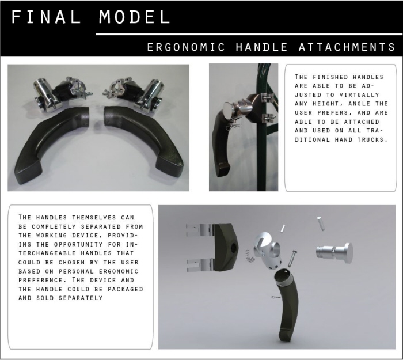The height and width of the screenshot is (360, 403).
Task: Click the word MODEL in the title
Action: pos(134,17)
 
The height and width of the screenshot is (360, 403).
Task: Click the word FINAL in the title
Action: pos(46,17)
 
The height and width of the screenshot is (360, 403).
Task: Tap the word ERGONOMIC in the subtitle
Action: pos(186,47)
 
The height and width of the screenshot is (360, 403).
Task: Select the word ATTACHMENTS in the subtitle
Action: pos(347,47)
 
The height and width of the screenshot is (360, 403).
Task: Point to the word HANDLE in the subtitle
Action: pos(261,47)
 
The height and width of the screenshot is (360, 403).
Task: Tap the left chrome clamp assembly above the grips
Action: pos(62,93)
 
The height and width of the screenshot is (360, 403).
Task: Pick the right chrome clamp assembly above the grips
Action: pos(134,93)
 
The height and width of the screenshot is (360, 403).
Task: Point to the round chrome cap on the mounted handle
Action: pos(228,110)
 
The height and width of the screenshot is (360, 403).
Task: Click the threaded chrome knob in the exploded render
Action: pos(334,253)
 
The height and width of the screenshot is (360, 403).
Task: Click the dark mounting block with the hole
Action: pos(225,247)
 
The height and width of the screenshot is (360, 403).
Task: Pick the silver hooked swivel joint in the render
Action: pos(267,251)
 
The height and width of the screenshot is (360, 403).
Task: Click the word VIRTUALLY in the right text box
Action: pos(359,95)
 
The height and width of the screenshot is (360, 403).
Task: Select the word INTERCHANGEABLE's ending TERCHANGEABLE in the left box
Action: pos(65,253)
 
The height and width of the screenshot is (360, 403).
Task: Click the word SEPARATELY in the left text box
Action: pos(81,298)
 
